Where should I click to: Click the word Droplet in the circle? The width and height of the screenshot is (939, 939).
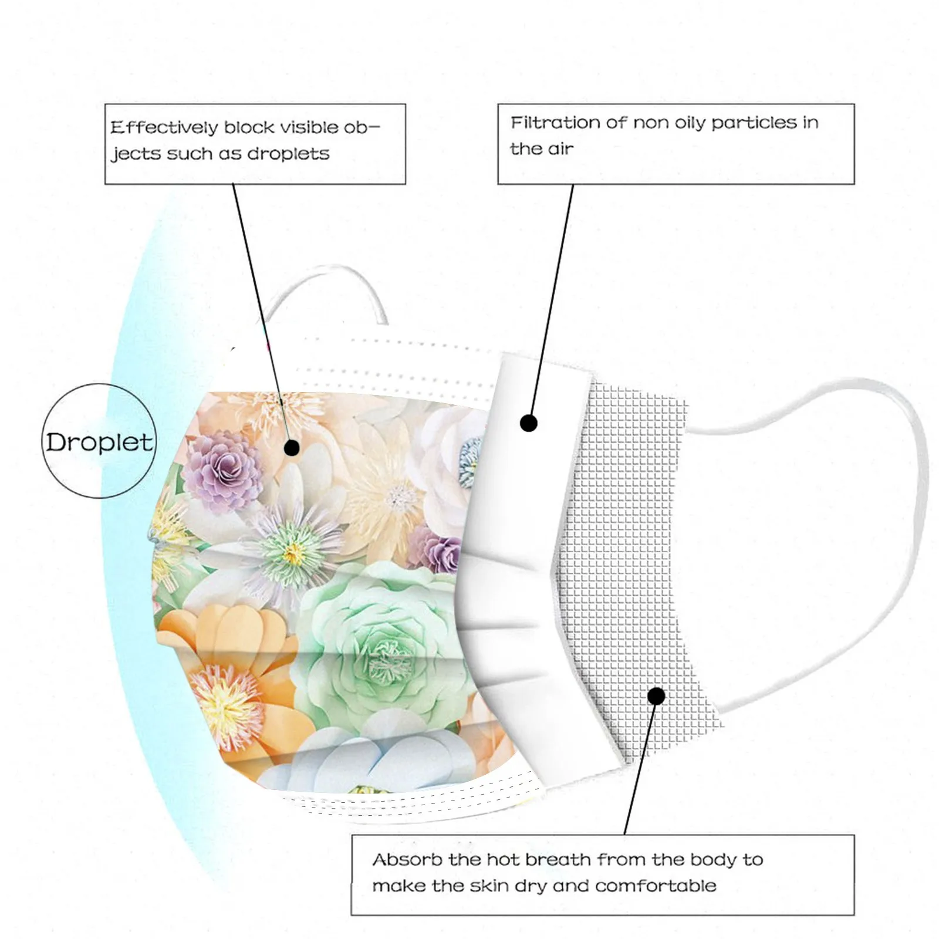pyautogui.click(x=99, y=441)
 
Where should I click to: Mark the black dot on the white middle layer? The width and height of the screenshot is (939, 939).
pyautogui.click(x=529, y=423)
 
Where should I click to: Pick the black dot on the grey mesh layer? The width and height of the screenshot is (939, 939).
pyautogui.click(x=657, y=696)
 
